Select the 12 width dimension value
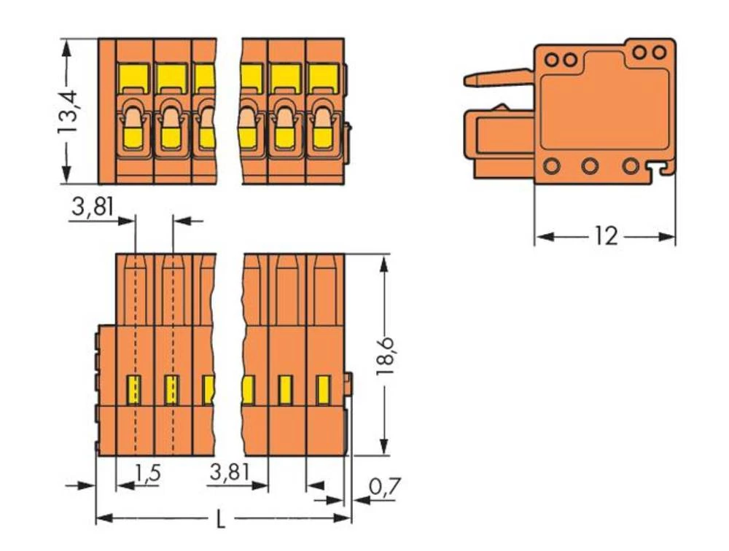(x=605, y=236)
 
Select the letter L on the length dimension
(x=222, y=519)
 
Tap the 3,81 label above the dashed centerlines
(x=93, y=208)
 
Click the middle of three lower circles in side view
(x=590, y=165)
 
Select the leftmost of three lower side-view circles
(x=550, y=165)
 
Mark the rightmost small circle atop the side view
(x=659, y=52)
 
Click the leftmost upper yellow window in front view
(x=134, y=76)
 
